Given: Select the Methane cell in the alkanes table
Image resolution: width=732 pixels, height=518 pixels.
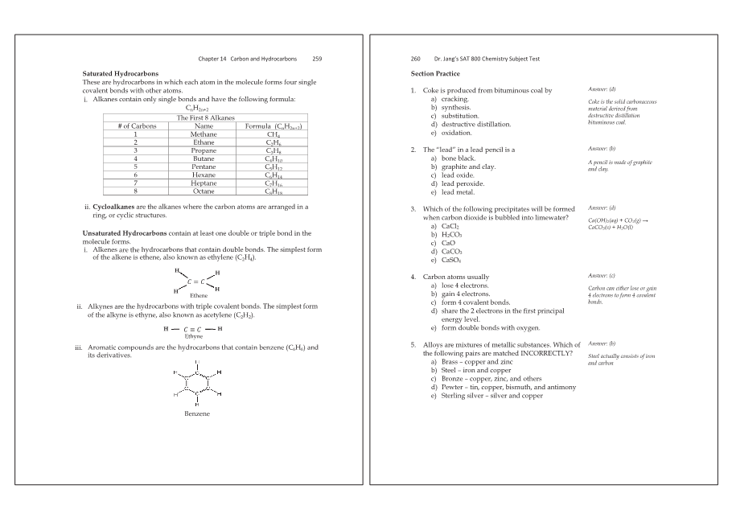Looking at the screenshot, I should (x=204, y=134).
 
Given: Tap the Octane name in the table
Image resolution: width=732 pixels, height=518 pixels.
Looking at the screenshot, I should (x=204, y=191).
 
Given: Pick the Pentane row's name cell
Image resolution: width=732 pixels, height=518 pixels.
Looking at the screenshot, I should (x=204, y=166).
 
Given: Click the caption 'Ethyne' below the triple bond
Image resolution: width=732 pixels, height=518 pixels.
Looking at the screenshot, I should (x=194, y=336).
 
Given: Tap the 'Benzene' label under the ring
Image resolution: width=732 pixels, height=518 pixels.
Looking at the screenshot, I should (x=194, y=413).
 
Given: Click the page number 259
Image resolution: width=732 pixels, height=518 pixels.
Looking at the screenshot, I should (x=317, y=59).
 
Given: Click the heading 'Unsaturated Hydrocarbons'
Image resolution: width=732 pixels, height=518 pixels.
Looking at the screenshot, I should (x=125, y=233).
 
